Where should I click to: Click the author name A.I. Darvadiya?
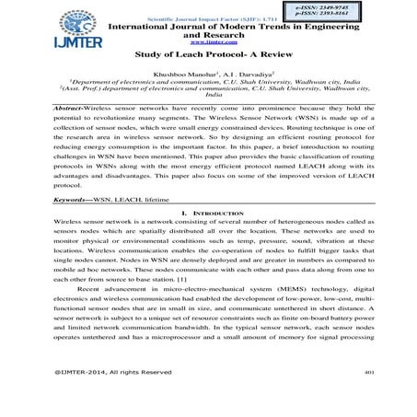[x=252, y=73]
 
